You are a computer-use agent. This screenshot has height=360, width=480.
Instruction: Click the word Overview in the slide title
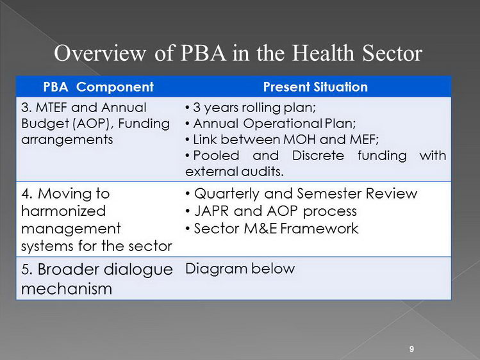click(100, 53)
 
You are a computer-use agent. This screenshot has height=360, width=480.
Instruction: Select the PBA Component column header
click(98, 87)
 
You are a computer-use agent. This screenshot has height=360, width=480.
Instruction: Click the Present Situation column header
click(315, 87)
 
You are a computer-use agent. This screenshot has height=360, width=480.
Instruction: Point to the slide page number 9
click(411, 349)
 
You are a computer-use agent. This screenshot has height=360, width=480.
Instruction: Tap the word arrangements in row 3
click(67, 140)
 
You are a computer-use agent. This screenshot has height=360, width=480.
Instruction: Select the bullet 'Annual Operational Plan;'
click(270, 124)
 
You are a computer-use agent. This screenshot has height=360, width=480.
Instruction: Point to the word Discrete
click(318, 156)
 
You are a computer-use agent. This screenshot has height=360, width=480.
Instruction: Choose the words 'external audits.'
click(235, 172)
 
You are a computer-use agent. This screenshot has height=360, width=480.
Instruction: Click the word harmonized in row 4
click(63, 211)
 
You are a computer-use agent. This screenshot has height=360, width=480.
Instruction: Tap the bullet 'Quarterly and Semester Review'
click(301, 194)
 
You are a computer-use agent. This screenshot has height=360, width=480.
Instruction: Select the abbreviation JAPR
click(211, 211)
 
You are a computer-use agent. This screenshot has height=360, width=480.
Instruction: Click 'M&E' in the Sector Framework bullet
click(261, 229)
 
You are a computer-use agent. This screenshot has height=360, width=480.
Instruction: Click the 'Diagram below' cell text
click(240, 269)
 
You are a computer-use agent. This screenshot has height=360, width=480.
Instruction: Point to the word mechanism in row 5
click(67, 289)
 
